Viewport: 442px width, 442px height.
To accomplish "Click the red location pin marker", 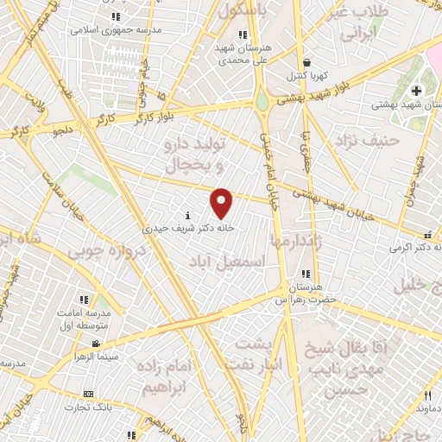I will point(223,202).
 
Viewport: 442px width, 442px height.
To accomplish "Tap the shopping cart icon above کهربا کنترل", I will point(309,62).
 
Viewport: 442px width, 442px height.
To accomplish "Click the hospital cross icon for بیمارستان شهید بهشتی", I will point(416,90).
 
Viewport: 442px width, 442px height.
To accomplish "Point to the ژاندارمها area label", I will point(294,242).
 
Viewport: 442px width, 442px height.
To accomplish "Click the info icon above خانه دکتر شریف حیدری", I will point(187,215).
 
